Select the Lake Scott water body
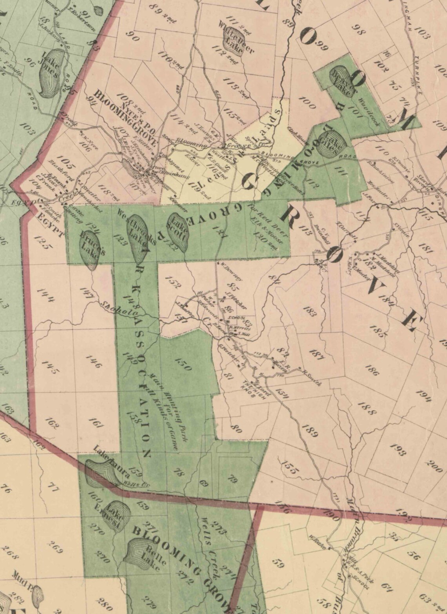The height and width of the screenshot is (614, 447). click(178, 231)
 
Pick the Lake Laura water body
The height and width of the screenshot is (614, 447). click(100, 472)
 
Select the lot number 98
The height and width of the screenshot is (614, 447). click(357, 30)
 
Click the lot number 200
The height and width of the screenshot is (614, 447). click(434, 466)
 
